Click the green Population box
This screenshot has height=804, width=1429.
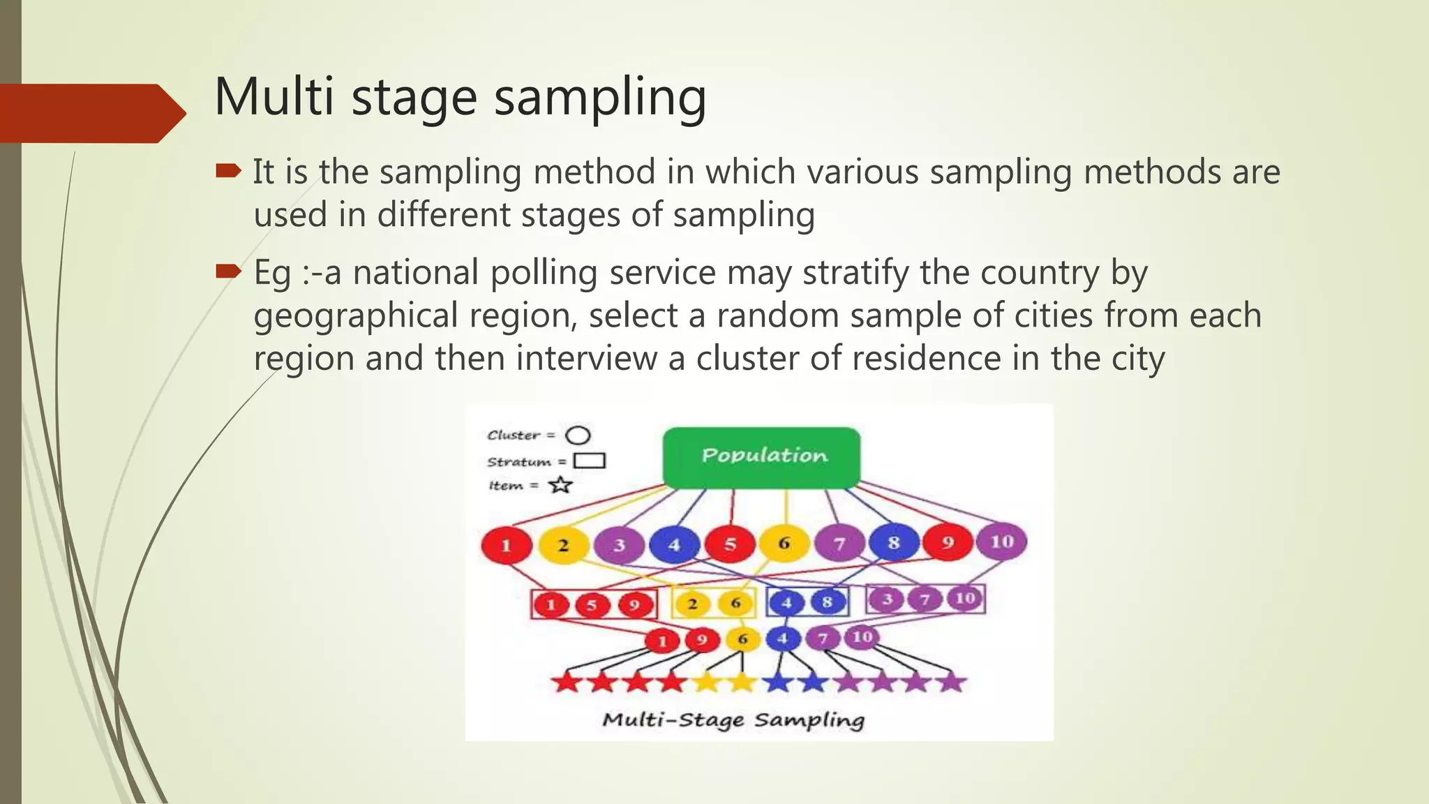(x=761, y=457)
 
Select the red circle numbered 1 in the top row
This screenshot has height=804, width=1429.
(x=507, y=546)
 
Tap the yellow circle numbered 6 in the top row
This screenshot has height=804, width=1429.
(x=784, y=544)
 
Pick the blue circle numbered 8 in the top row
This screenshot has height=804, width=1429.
(x=894, y=543)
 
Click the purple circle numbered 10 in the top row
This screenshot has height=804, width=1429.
(x=1001, y=542)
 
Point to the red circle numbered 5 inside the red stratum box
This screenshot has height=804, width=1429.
(x=592, y=605)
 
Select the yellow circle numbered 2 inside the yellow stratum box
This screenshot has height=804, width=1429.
(x=692, y=604)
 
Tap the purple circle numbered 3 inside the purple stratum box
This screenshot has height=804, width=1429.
(x=888, y=600)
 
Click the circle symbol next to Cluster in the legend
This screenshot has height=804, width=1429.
(x=578, y=435)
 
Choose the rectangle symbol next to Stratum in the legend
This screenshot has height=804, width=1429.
(x=589, y=461)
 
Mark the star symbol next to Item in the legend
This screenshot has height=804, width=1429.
(x=560, y=485)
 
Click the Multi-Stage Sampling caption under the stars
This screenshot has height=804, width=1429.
(x=733, y=720)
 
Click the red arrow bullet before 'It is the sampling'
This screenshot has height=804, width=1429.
(x=228, y=171)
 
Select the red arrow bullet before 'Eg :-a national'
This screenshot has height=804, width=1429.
(x=228, y=271)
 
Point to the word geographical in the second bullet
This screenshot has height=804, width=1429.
(x=355, y=315)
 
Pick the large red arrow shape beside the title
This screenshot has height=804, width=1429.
(x=91, y=113)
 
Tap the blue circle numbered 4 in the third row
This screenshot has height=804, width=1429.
(x=783, y=638)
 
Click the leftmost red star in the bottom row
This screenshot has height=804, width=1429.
(x=567, y=682)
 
